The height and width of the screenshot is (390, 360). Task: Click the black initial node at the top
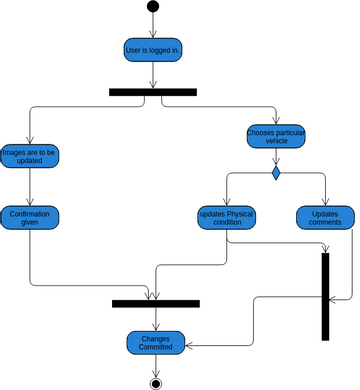pos(153,7)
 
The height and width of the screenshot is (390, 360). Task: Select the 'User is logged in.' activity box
pos(153,49)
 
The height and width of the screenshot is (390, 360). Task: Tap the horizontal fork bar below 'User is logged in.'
pos(153,92)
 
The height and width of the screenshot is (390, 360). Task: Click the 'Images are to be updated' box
pos(31,155)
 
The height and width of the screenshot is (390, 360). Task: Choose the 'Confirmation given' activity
pos(31,218)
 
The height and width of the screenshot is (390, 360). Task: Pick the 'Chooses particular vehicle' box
pos(276,136)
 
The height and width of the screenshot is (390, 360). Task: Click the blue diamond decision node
pos(276,173)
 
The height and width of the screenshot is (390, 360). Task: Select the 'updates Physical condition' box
pos(227,218)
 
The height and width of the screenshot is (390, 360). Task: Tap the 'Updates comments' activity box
pos(325,218)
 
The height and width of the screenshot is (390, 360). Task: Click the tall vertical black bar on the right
pos(325,296)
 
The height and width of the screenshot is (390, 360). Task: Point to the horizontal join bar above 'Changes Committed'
pos(156,303)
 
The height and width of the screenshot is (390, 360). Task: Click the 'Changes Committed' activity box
pos(156,343)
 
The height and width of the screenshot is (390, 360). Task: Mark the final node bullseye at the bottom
pos(156,381)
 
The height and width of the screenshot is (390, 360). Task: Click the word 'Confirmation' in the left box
pos(31,213)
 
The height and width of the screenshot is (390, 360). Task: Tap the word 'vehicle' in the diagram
pos(276,142)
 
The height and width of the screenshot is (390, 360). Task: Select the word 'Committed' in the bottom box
pos(156,348)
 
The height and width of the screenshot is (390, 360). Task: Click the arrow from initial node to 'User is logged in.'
pos(153,24)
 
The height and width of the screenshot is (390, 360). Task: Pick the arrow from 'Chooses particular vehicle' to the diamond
pos(276,158)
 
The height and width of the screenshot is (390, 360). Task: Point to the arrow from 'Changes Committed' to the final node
pos(156,365)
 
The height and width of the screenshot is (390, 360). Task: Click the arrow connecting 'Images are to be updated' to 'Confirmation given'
pos(31,186)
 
